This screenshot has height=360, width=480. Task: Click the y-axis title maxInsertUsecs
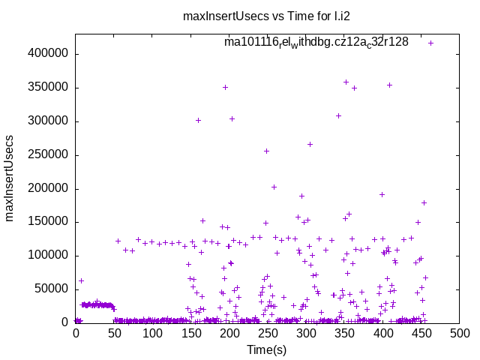click(10, 178)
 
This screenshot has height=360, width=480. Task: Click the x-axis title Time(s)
click(268, 349)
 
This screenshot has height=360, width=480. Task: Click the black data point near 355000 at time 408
click(389, 85)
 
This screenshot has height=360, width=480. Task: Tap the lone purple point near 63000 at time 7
click(81, 280)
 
